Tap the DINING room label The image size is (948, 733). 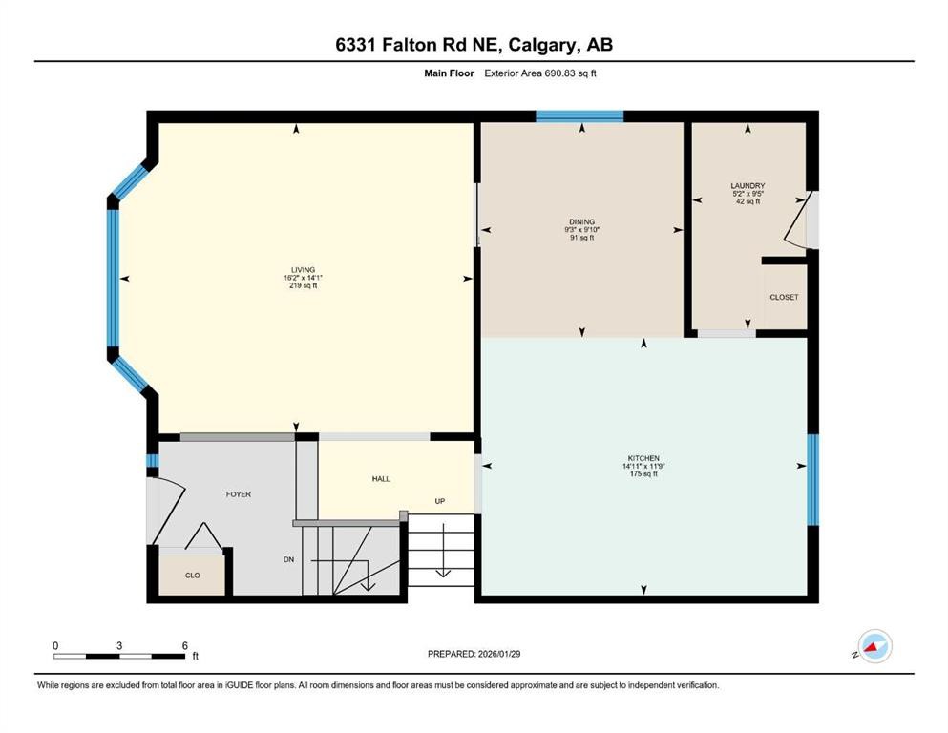coord(580,221)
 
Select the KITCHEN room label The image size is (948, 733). coord(644,458)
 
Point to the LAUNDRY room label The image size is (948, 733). coord(748,186)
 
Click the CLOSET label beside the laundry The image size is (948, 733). coord(784,297)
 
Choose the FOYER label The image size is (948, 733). coord(238,494)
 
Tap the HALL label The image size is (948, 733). coord(380,479)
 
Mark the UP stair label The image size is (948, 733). coord(440,501)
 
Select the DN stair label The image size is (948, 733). coord(288,559)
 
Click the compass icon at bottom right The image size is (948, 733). coord(874,646)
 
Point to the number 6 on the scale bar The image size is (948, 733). coord(183,644)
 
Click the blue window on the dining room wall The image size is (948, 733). coord(579,116)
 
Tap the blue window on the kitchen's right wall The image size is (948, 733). coord(812,480)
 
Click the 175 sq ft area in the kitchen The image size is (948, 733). coord(644,474)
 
